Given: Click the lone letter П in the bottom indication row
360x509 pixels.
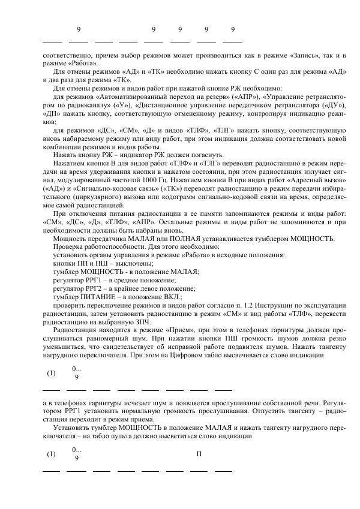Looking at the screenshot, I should [x=199, y=453].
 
